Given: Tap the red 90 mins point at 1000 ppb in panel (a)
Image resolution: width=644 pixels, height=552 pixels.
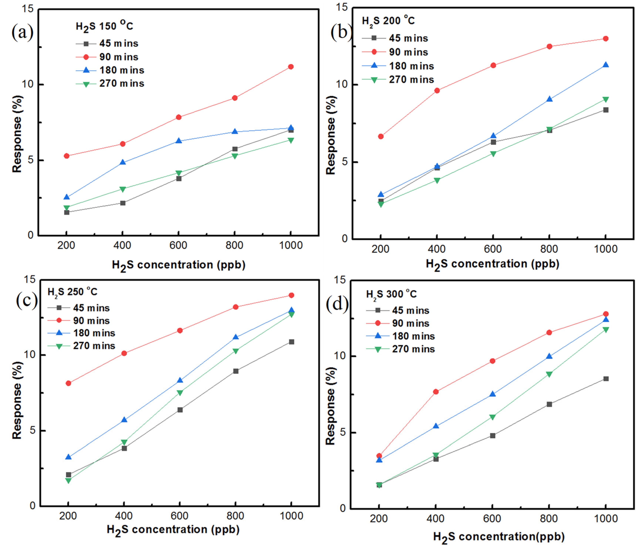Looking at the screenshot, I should [291, 67].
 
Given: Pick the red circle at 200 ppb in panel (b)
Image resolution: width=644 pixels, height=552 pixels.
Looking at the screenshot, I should [381, 136].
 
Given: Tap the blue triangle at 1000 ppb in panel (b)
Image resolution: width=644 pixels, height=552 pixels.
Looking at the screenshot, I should [605, 65].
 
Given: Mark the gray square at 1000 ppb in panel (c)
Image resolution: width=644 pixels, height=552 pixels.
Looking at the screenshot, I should [292, 342].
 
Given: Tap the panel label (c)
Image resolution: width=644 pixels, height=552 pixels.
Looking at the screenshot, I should [27, 300].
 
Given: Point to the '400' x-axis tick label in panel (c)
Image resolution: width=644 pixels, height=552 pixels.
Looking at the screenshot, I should [124, 516].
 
